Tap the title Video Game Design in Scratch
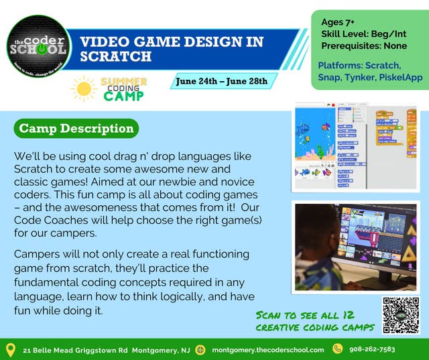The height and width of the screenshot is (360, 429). pyautogui.click(x=172, y=49)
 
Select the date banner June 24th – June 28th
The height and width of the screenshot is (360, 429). pyautogui.click(x=221, y=82)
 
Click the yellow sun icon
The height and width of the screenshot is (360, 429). pyautogui.click(x=84, y=88)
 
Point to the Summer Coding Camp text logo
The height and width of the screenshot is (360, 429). pyautogui.click(x=123, y=88)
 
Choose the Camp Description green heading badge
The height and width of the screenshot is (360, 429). pyautogui.click(x=76, y=128)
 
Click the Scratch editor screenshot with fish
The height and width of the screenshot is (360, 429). pyautogui.click(x=355, y=147)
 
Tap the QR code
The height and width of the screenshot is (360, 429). pyautogui.click(x=400, y=315)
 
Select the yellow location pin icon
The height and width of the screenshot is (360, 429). pyautogui.click(x=10, y=349)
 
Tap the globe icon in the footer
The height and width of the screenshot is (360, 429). pyautogui.click(x=200, y=349)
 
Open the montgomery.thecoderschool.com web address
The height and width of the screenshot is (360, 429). pyautogui.click(x=268, y=350)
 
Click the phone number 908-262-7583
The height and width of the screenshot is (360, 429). pyautogui.click(x=373, y=349)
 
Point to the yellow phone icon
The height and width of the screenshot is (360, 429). pyautogui.click(x=338, y=349)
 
